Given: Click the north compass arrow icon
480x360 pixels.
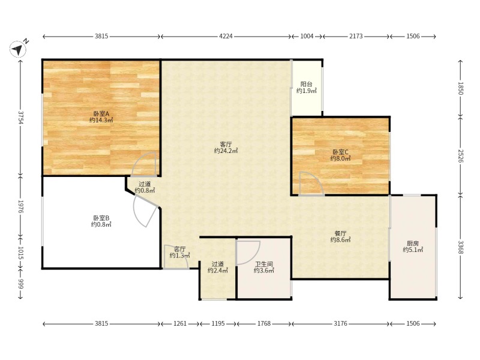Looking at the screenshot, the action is pyautogui.click(x=18, y=49).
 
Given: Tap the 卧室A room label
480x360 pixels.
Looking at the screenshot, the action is pyautogui.click(x=101, y=114).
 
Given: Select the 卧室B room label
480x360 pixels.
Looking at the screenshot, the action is pyautogui.click(x=101, y=218).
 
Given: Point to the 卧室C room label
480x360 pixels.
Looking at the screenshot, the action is pyautogui.click(x=340, y=152).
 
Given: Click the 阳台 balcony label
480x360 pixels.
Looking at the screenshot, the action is pyautogui.click(x=307, y=84).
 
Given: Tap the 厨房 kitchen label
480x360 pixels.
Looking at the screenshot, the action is pyautogui.click(x=413, y=244).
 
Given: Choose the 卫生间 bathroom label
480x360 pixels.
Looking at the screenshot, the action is pyautogui.click(x=264, y=264).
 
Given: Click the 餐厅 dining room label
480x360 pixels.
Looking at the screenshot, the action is pyautogui.click(x=340, y=233).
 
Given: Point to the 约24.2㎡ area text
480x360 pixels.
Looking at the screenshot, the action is pyautogui.click(x=226, y=151).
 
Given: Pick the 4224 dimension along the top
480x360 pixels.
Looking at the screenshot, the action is pyautogui.click(x=226, y=36).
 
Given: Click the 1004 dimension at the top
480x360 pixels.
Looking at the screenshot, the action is pyautogui.click(x=307, y=36).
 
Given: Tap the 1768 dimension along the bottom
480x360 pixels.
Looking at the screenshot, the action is pyautogui.click(x=264, y=323).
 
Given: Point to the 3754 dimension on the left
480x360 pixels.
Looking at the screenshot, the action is pyautogui.click(x=21, y=117).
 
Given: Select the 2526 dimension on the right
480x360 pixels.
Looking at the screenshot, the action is pyautogui.click(x=461, y=156).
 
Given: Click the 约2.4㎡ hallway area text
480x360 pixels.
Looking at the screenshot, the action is pyautogui.click(x=218, y=271).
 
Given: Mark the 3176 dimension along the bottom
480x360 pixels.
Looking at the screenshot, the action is pyautogui.click(x=340, y=323).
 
